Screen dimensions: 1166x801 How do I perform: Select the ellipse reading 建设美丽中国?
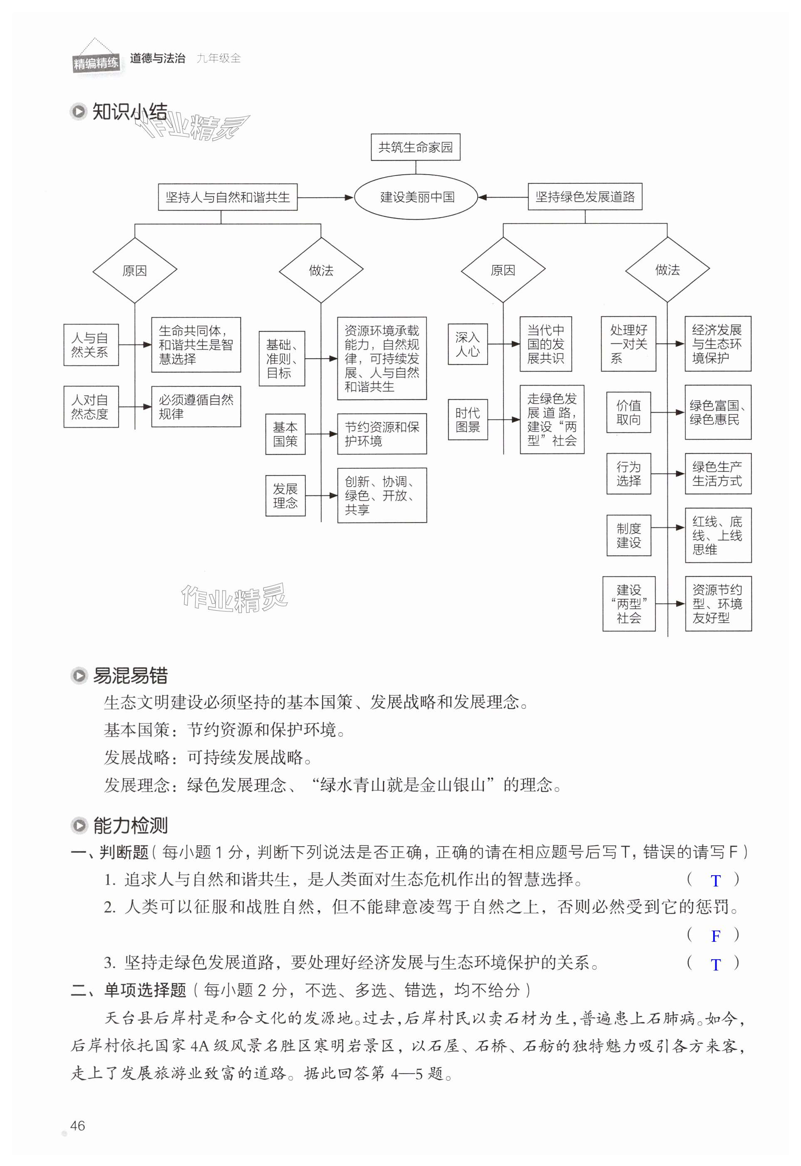[x=416, y=197]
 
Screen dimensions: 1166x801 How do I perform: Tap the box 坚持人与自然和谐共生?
[x=228, y=197]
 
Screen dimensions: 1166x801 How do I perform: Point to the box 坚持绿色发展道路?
[x=585, y=196]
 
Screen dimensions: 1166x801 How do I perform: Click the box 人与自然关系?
[x=91, y=345]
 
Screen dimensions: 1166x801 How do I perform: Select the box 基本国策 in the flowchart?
[x=285, y=434]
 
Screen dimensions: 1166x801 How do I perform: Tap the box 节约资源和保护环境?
[x=382, y=434]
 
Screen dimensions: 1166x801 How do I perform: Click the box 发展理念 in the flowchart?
[x=285, y=496]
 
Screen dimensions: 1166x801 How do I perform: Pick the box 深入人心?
[x=467, y=344]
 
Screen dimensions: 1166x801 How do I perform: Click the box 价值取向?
[x=628, y=412]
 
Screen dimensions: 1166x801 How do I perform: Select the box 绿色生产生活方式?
[x=718, y=474]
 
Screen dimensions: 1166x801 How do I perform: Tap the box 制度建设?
[x=628, y=535]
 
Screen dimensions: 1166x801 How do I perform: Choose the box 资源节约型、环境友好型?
[x=718, y=604]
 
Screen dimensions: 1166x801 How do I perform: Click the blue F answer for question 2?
[x=716, y=936]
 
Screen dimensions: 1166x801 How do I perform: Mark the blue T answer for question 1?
[x=716, y=880]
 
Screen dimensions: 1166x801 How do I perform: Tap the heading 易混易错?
[x=130, y=676]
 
